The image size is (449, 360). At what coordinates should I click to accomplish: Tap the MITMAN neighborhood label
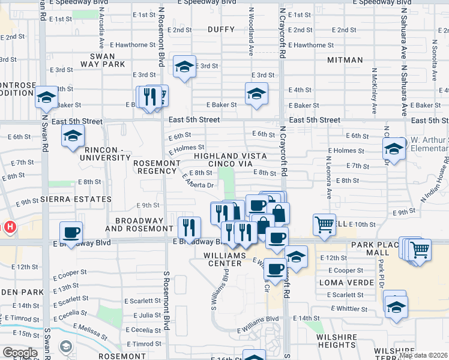345,60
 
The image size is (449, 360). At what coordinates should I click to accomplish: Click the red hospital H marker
10,227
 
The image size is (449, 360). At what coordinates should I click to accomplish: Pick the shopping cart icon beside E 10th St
324,224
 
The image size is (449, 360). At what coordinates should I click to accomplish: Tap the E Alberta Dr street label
198,181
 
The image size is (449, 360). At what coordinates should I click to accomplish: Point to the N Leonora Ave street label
329,179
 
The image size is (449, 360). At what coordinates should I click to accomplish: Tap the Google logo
20,353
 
